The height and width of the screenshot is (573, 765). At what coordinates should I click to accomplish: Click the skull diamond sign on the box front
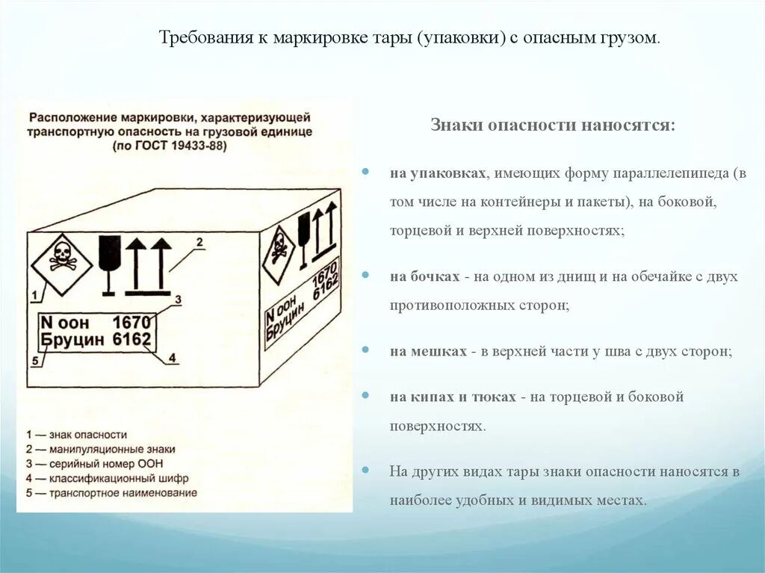pyautogui.click(x=60, y=255)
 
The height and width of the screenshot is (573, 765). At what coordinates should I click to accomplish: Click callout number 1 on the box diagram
pyautogui.click(x=34, y=296)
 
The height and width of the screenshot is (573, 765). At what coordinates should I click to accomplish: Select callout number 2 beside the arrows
pyautogui.click(x=199, y=241)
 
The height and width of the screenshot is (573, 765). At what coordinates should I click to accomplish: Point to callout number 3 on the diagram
pyautogui.click(x=178, y=300)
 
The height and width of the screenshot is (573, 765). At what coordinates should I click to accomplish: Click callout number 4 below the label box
pyautogui.click(x=171, y=357)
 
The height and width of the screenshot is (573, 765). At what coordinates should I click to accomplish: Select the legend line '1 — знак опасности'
pyautogui.click(x=76, y=435)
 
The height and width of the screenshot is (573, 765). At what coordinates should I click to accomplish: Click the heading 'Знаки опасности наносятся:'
pyautogui.click(x=553, y=125)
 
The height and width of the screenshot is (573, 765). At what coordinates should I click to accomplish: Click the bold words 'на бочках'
pyautogui.click(x=424, y=276)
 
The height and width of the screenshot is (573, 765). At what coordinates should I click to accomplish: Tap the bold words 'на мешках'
pyautogui.click(x=427, y=350)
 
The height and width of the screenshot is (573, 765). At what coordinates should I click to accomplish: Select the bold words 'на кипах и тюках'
pyautogui.click(x=452, y=397)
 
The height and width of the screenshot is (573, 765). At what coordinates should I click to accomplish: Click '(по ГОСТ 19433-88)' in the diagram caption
pyautogui.click(x=170, y=146)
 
